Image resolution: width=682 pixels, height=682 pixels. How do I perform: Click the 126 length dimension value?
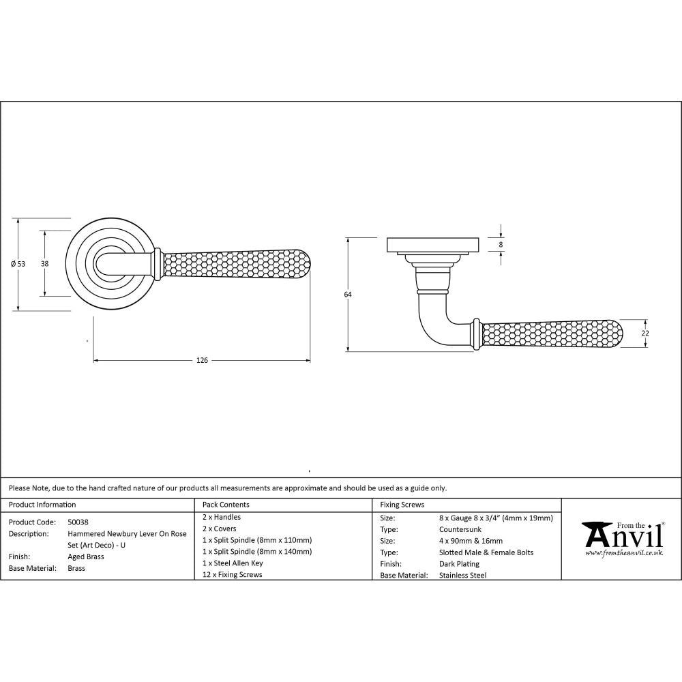click(x=201, y=360)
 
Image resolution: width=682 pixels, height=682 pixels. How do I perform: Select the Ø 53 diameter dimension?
click(x=18, y=264)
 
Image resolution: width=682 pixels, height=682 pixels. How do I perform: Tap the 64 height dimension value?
click(x=347, y=295)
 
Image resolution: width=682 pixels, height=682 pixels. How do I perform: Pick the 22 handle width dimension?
click(x=645, y=333)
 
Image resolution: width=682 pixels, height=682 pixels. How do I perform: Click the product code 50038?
click(x=78, y=521)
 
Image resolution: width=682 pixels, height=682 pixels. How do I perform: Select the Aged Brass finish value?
click(x=86, y=557)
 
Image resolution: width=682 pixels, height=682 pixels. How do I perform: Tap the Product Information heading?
click(x=42, y=505)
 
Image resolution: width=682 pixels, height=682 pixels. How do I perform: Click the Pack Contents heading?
click(x=226, y=505)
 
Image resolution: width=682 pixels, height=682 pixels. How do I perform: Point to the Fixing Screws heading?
click(x=402, y=505)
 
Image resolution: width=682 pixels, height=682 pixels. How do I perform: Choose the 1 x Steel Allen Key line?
click(x=233, y=563)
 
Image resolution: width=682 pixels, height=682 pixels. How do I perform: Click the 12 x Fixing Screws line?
click(x=232, y=575)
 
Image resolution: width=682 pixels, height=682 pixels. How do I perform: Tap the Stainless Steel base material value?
click(x=463, y=575)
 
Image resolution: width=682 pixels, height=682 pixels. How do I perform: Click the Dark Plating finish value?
click(x=459, y=564)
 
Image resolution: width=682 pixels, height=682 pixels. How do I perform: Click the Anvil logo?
click(x=622, y=535)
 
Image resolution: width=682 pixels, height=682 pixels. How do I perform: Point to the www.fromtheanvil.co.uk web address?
click(x=623, y=553)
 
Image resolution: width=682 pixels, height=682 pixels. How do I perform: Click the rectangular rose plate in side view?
click(x=433, y=244)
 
